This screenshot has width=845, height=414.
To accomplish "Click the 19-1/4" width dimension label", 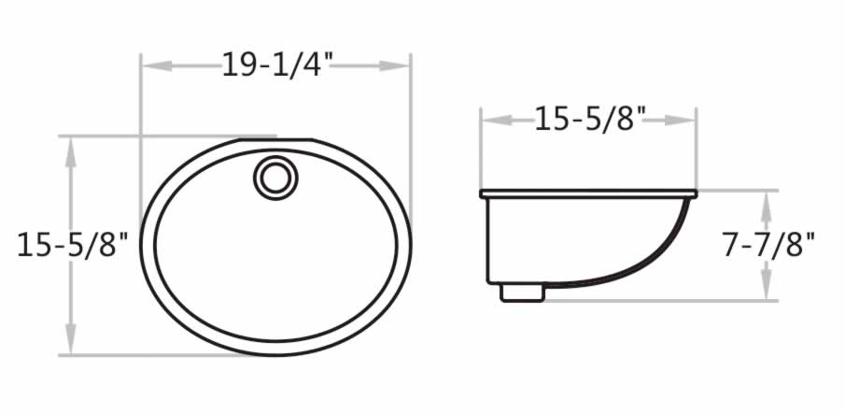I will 277,65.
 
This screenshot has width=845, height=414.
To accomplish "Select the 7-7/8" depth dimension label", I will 768,245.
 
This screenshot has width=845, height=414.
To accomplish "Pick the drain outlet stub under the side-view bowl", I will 523,291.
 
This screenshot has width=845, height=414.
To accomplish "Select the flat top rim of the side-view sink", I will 588,193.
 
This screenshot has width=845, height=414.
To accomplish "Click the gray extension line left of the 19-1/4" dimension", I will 140,103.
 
